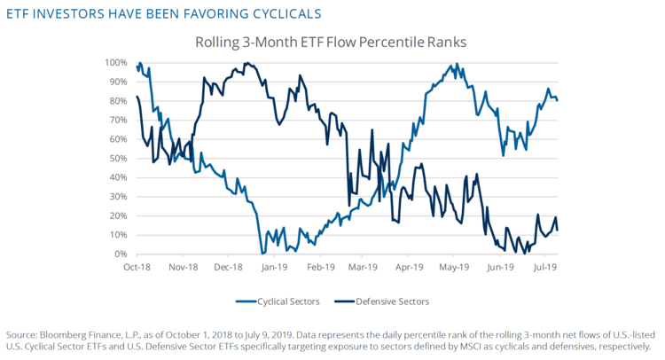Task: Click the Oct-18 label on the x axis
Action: coord(137,266)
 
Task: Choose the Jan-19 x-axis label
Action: coord(274,266)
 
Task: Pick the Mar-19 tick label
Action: coord(364,266)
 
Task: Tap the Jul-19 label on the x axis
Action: coord(544,266)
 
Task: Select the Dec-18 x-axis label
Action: coord(228,266)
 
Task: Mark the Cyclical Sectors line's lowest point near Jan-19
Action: coord(262,254)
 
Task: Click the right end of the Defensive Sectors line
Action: coord(557,231)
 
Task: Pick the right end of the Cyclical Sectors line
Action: coord(557,100)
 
